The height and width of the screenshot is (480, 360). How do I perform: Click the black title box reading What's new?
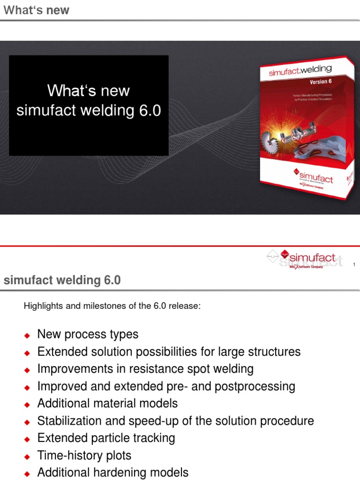(x=89, y=105)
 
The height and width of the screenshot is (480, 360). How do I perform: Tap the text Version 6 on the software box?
(x=321, y=82)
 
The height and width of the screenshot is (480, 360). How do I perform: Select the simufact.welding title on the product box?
(x=300, y=71)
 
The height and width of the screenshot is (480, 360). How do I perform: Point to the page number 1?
(x=354, y=265)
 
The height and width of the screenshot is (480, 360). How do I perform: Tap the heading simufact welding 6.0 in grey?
(x=62, y=280)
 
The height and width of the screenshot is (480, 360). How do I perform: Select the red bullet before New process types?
(x=27, y=335)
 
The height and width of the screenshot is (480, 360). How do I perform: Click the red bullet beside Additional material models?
(x=27, y=404)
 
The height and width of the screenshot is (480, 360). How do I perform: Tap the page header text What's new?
(x=36, y=10)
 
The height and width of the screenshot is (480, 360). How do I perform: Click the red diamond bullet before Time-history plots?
(x=27, y=456)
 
